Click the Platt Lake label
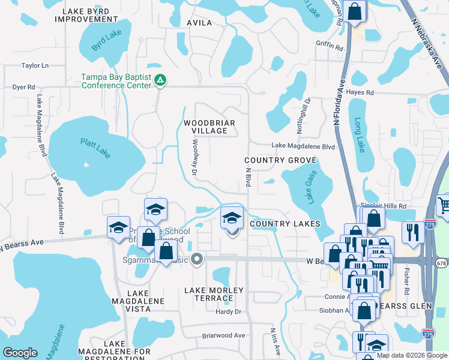96,148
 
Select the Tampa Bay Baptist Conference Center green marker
160,79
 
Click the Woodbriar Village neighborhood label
209,127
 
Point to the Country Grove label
280,161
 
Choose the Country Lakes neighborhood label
285,224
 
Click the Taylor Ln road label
34,65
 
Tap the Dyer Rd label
24,87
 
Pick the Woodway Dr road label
194,158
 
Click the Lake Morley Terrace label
214,294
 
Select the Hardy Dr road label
228,311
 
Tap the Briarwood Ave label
224,335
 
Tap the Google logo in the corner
20,353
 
